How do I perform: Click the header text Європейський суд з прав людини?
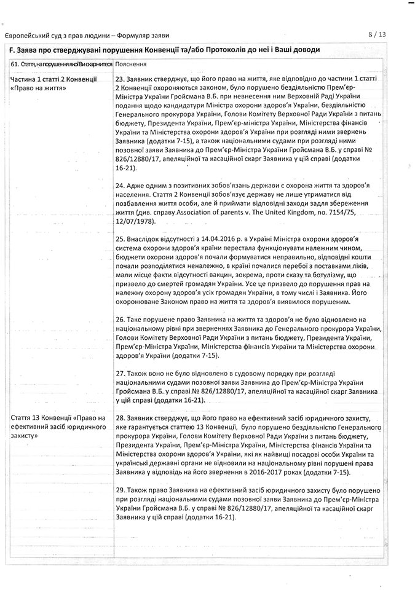click(x=48, y=36)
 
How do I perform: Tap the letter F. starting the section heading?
click(x=14, y=50)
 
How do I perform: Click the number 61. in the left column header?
click(x=15, y=64)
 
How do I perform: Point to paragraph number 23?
click(x=120, y=80)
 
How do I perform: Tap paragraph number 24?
click(x=120, y=186)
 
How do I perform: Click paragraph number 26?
click(x=120, y=320)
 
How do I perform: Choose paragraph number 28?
click(x=120, y=418)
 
